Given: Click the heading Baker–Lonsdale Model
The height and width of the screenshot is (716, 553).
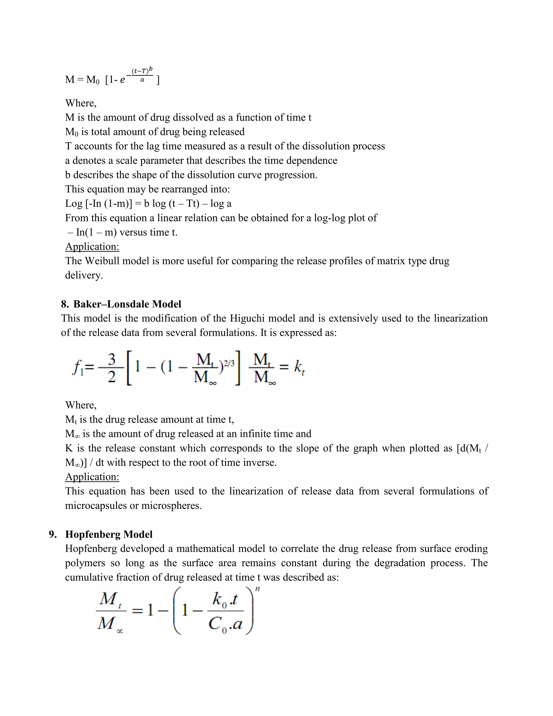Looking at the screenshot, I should (127, 304).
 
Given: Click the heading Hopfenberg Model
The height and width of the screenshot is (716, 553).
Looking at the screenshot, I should (109, 534).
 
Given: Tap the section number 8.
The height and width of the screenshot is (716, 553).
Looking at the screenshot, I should (65, 304).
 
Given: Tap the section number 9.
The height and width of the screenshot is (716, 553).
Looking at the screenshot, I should (52, 534).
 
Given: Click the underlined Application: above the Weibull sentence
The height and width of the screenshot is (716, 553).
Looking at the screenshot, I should (92, 246).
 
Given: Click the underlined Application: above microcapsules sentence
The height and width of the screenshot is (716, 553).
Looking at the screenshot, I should (92, 477).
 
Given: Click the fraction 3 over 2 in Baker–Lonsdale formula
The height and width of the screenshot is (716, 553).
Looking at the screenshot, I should (112, 368).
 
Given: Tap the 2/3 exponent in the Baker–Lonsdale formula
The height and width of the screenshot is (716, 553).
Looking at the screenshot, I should (229, 363).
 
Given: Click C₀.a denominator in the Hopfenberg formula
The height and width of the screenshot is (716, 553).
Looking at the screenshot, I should (225, 624).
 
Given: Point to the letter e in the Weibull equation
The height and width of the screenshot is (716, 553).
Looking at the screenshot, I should (122, 80).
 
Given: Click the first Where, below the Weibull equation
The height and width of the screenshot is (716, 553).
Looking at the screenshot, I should (80, 103).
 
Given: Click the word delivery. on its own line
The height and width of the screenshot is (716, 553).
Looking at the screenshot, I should (84, 275).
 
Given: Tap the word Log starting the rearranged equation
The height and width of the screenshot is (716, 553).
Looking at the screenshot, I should (74, 204).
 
